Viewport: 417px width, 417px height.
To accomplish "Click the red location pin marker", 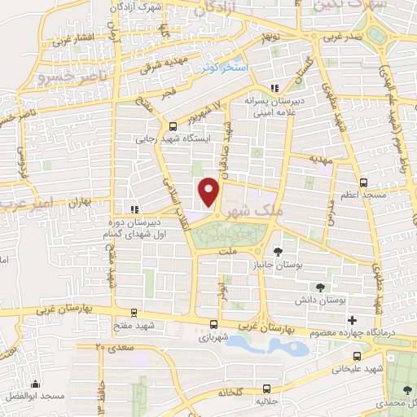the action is [210, 192].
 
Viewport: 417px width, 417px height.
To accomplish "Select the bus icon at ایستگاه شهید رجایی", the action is [173, 125].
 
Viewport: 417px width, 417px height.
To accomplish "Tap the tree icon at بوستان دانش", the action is [319, 287].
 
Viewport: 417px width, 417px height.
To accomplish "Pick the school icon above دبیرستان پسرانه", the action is [274, 88].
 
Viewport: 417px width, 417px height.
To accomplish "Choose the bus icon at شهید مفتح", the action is [134, 312].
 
